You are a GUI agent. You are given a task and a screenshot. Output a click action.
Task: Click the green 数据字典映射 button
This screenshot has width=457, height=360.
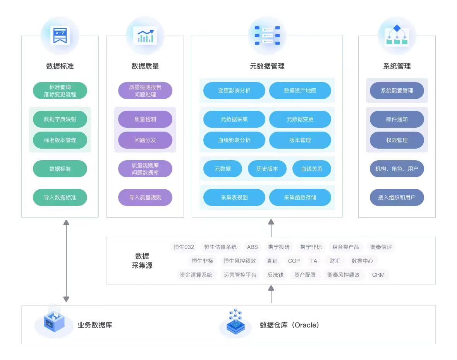click(60, 119)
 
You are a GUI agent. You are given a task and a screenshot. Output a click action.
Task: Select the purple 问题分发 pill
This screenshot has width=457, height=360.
click(145, 140)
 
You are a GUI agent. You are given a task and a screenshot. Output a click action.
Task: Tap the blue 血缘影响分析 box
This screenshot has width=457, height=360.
click(234, 140)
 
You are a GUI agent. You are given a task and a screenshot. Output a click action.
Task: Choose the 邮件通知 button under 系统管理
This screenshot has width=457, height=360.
click(397, 119)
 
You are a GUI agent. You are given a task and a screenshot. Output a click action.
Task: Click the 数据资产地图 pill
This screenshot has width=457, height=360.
click(300, 91)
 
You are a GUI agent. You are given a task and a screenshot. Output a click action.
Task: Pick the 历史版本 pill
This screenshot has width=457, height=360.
click(267, 169)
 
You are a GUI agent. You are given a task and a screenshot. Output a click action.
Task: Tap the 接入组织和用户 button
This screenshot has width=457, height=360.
click(397, 197)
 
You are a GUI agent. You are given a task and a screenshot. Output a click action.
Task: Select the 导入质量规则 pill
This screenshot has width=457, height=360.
click(145, 197)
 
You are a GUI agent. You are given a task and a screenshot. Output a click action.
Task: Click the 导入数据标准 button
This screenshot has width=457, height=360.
click(60, 197)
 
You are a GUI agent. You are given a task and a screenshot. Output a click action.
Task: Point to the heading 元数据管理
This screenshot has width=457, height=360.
click(267, 66)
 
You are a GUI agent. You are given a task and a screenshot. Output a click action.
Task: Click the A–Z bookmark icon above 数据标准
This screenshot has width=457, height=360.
click(60, 36)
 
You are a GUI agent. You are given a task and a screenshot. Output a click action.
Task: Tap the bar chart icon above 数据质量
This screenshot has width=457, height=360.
click(145, 36)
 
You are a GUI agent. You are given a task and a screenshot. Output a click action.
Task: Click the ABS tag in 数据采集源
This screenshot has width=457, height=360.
click(253, 247)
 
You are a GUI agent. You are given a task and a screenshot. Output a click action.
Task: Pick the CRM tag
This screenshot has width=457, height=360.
click(378, 275)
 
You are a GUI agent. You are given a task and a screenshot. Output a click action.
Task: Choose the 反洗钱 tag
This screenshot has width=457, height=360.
click(275, 275)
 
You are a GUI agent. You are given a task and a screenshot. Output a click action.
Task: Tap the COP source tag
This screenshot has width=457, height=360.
click(294, 261)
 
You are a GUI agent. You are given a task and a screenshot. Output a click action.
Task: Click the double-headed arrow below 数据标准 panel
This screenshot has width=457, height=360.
click(67, 261)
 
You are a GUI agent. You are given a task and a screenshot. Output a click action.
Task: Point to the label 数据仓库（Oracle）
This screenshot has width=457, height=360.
click(289, 325)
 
